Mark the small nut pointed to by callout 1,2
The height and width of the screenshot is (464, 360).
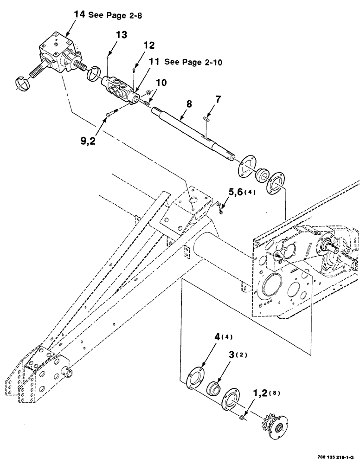click(243, 405)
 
